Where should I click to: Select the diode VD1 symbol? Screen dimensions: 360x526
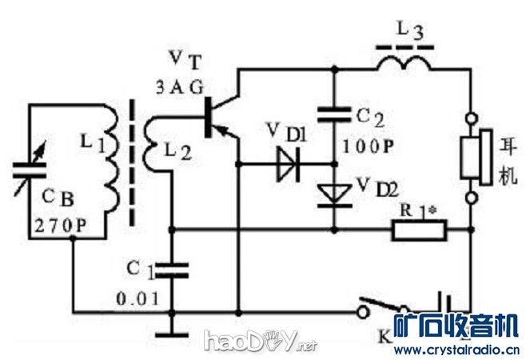tap(286, 163)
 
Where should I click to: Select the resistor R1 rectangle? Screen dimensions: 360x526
tap(419, 231)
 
